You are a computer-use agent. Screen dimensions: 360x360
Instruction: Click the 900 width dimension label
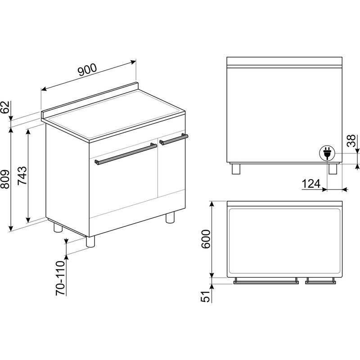[x=87, y=70]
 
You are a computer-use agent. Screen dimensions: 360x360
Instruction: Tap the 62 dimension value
[x=6, y=107]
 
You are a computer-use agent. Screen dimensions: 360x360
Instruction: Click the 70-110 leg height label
[x=61, y=278]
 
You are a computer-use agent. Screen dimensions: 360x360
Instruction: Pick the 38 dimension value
[x=351, y=141]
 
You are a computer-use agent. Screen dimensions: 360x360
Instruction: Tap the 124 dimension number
[x=311, y=184]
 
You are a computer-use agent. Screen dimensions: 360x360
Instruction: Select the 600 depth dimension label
[x=206, y=239]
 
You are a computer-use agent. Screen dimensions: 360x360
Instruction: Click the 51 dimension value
[x=206, y=297]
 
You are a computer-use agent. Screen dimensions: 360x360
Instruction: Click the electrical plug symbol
[x=327, y=153]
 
